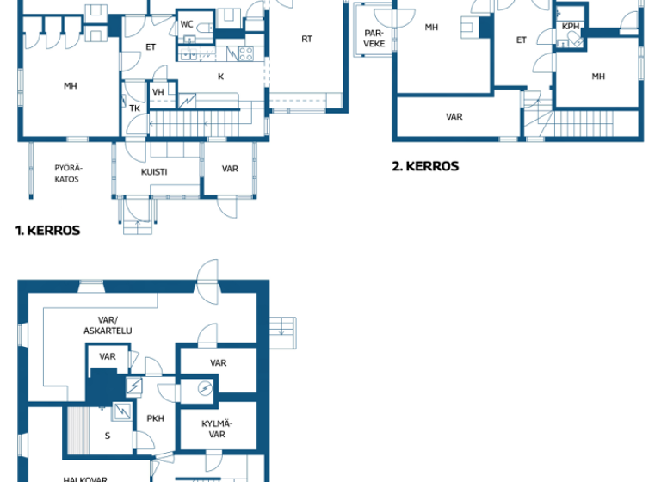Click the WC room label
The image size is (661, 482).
pyautogui.click(x=187, y=24)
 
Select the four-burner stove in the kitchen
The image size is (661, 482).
pyautogui.click(x=245, y=53)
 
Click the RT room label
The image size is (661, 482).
pyautogui.click(x=306, y=39)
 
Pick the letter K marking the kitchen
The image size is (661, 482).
pyautogui.click(x=220, y=77)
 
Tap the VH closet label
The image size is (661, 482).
pyautogui.click(x=158, y=92)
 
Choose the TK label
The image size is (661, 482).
pyautogui.click(x=134, y=108)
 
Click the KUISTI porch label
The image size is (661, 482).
pyautogui.click(x=154, y=171)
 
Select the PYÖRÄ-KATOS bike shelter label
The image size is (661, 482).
pyautogui.click(x=66, y=173)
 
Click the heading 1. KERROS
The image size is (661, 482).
pyautogui.click(x=47, y=231)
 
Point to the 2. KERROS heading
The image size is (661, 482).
pyautogui.click(x=425, y=166)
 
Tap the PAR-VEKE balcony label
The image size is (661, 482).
pyautogui.click(x=374, y=38)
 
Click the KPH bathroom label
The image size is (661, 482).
pyautogui.click(x=570, y=27)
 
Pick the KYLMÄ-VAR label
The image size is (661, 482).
pyautogui.click(x=218, y=429)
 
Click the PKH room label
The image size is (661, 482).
pyautogui.click(x=155, y=418)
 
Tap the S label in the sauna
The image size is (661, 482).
pyautogui.click(x=108, y=436)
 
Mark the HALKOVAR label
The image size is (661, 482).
pyautogui.click(x=84, y=479)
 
